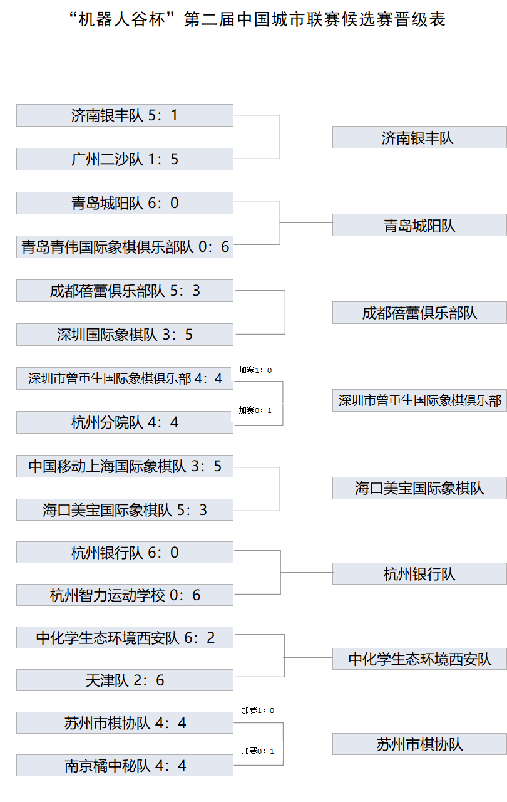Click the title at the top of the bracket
pos(257,19)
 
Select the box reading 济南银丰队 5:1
pos(125,115)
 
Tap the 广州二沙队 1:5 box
pos(125,159)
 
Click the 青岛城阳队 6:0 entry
pos(125,203)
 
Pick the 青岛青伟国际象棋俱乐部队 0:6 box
pos(125,247)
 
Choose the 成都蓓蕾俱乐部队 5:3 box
pos(125,291)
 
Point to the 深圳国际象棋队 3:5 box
pos(125,335)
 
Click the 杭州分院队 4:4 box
pos(125,422)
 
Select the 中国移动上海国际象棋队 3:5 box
pos(125,466)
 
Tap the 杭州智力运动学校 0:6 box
pos(125,595)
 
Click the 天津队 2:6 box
pos(125,680)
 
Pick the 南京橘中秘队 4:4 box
pos(125,766)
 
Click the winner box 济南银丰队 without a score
pos(419,137)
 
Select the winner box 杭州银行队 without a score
pos(419,573)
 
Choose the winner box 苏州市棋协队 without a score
pos(419,744)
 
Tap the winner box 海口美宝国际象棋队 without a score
pos(419,488)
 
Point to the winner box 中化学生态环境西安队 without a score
pos(419,659)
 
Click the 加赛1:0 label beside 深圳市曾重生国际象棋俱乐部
pos(255,370)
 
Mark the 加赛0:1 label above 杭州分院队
pos(255,410)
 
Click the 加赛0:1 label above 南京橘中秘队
pos(258,751)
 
